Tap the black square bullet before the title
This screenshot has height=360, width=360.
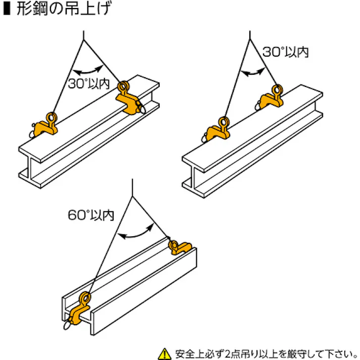[7, 11]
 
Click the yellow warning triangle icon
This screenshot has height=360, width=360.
[164, 352]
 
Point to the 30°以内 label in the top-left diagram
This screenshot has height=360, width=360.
[89, 84]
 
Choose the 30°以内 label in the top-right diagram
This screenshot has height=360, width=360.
[286, 52]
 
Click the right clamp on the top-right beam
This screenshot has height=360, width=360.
[271, 98]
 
